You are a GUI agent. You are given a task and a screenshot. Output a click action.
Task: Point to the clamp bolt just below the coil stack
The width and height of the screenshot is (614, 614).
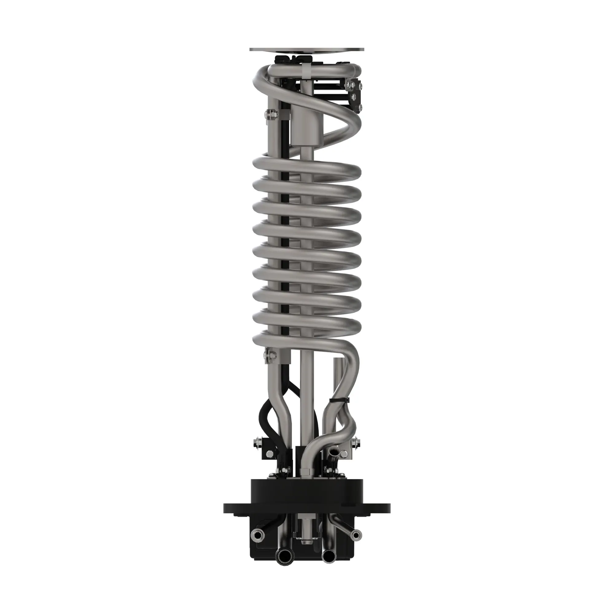point(270,356)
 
